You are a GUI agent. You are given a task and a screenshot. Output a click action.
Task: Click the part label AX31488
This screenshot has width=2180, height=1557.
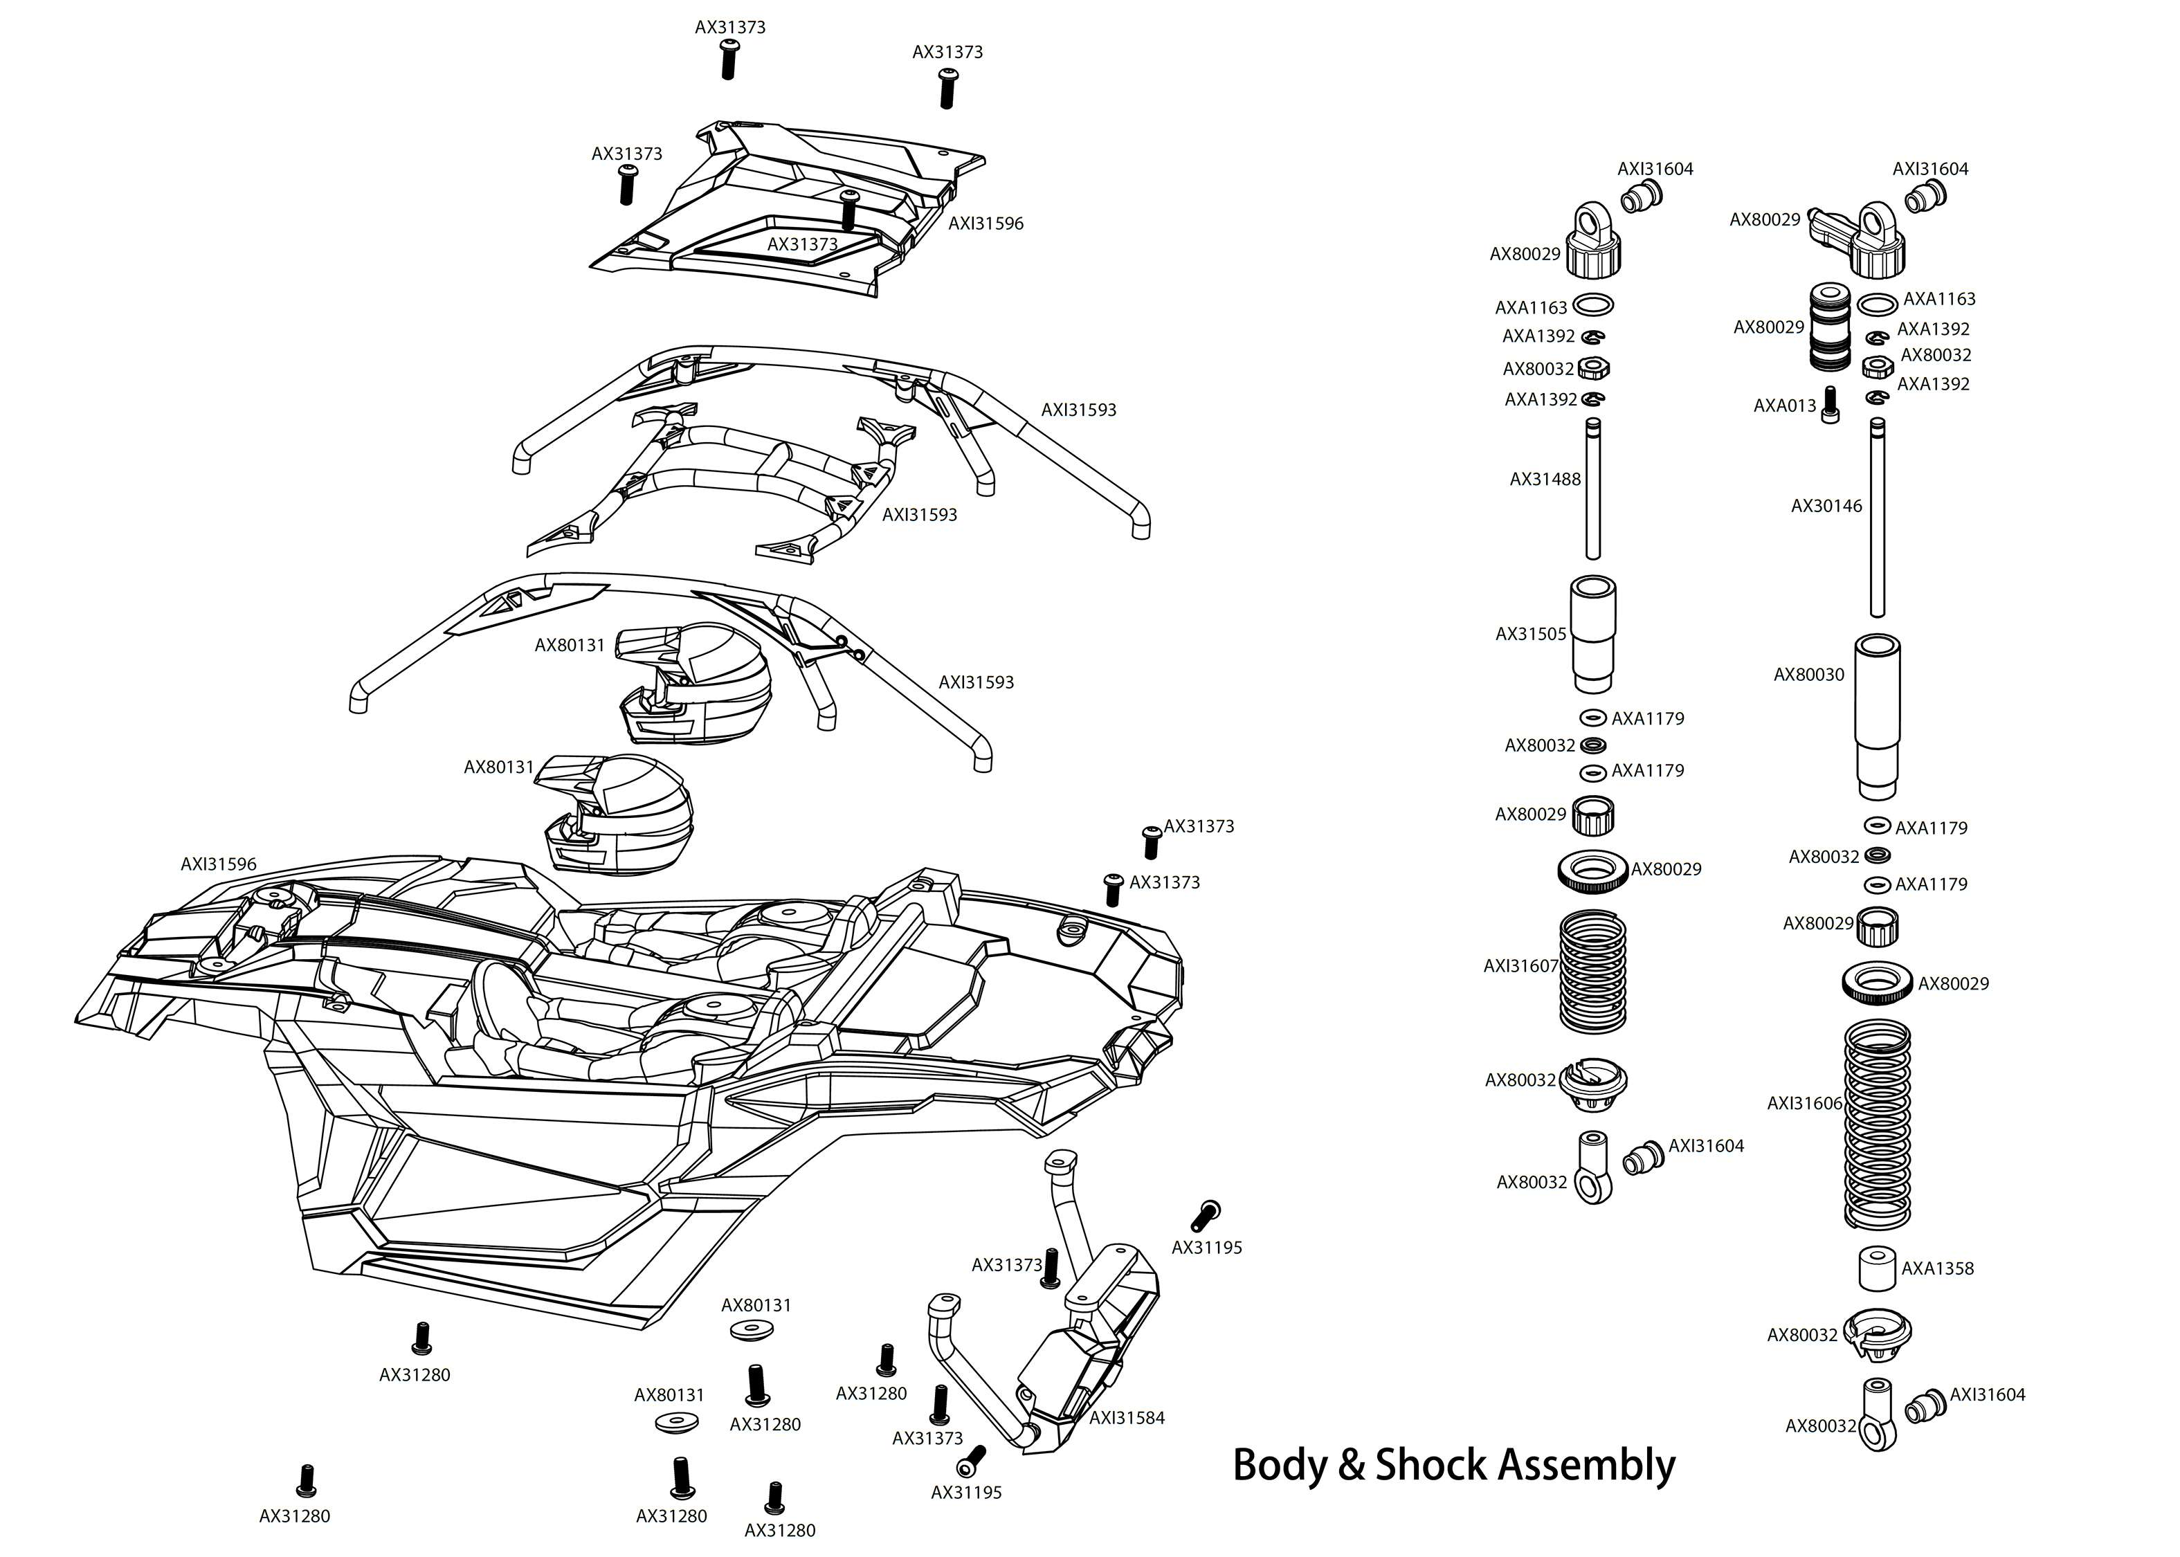pos(1545,480)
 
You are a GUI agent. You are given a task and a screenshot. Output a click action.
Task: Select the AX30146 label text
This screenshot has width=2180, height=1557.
pos(1826,507)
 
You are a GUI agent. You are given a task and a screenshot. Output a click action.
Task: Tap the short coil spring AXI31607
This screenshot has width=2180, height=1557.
pos(1592,970)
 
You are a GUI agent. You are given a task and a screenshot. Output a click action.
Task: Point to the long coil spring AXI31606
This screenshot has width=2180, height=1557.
pos(1877,1124)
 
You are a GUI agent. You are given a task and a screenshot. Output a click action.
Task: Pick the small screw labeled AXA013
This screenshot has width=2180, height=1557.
pos(1830,405)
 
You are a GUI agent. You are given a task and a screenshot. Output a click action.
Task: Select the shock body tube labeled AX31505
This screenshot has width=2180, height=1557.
pos(1592,634)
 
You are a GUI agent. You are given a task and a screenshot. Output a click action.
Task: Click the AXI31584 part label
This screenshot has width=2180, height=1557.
pos(1127,1418)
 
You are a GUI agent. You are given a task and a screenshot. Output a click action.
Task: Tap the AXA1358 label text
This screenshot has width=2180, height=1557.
pos(1938,1268)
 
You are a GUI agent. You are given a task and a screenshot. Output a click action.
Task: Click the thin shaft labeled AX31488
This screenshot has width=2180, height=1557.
pos(1592,489)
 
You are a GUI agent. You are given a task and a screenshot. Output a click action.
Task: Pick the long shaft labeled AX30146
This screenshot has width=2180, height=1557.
pos(1877,518)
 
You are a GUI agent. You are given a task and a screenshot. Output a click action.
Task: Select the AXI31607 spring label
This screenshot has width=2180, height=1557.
pos(1520,967)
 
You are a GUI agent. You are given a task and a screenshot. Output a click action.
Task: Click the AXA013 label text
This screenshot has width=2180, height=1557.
pos(1784,406)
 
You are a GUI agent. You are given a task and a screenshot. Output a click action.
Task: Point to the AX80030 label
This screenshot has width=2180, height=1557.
pos(1808,675)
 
